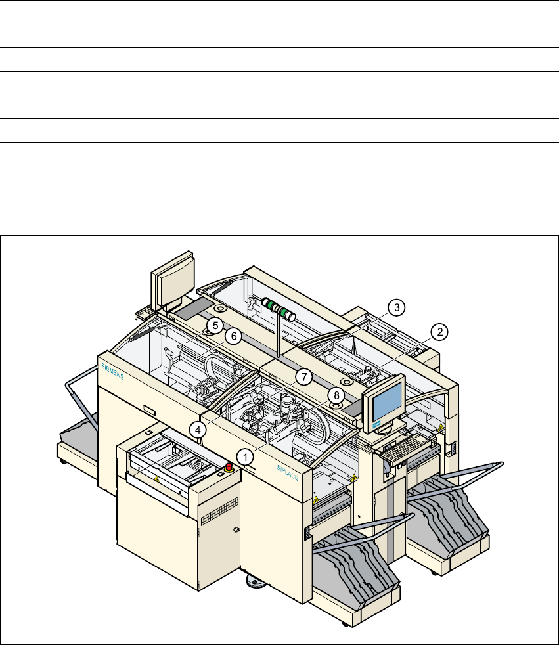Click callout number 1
click(x=246, y=457)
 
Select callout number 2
click(x=439, y=332)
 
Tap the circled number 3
click(x=397, y=307)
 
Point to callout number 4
click(x=198, y=430)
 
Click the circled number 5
click(x=215, y=325)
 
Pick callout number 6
click(x=234, y=336)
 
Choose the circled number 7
click(x=304, y=377)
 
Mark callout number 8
click(x=336, y=395)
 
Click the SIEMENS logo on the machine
click(x=112, y=372)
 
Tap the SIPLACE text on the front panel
click(x=288, y=473)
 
